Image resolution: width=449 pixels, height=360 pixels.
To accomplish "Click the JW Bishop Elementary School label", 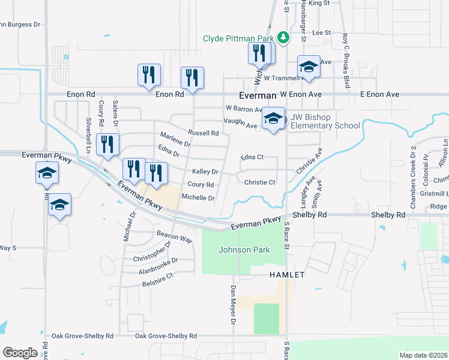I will pos(325,122).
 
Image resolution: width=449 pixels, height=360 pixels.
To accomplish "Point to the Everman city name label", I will pos(257,95).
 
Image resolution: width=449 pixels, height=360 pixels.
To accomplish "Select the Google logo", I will pos(20,353).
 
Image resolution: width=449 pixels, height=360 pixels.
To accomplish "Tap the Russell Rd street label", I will pos(203,133).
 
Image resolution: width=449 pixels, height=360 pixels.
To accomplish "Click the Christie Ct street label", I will pos(260,182).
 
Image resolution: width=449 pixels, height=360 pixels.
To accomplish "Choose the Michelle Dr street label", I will pos(198,197).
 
